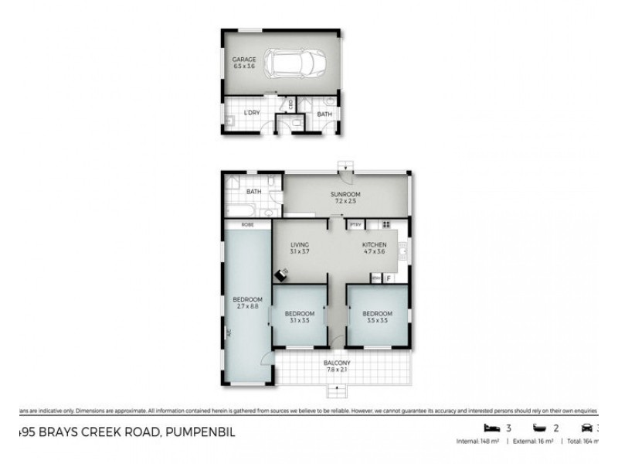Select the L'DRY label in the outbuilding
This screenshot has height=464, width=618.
[x=251, y=114]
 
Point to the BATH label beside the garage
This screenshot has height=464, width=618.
[x=324, y=114]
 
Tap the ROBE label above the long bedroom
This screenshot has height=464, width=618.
[x=247, y=224]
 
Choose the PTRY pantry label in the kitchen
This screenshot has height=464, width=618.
[x=355, y=224]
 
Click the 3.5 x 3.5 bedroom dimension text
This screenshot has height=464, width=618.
[x=377, y=320]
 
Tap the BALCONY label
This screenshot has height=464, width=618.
[x=338, y=363]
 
